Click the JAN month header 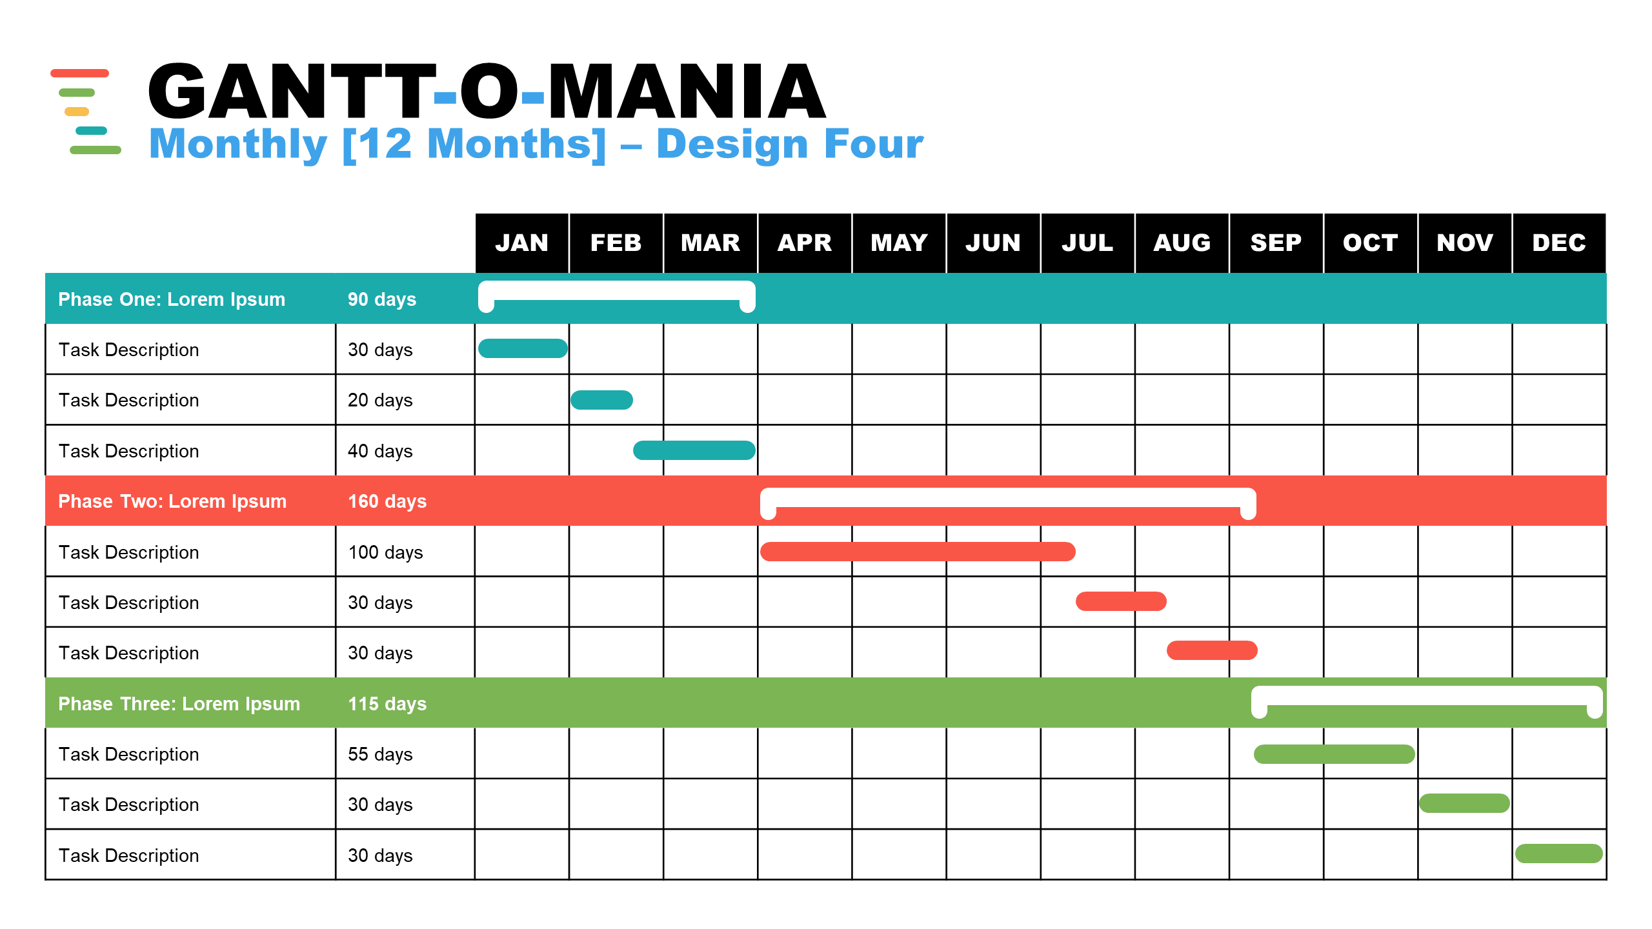click(522, 243)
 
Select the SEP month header click(1276, 243)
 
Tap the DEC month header click(1559, 243)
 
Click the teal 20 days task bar click(601, 400)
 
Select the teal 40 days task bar click(694, 450)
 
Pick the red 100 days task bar click(918, 552)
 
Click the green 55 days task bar click(1334, 754)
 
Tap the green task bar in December click(1558, 854)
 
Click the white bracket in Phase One click(617, 290)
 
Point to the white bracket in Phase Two click(1008, 497)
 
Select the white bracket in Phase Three click(1427, 695)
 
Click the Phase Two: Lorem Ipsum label click(172, 501)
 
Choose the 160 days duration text click(387, 501)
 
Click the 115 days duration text click(387, 704)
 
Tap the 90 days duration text click(382, 299)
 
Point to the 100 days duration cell click(385, 552)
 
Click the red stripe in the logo click(79, 73)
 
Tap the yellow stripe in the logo click(77, 112)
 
